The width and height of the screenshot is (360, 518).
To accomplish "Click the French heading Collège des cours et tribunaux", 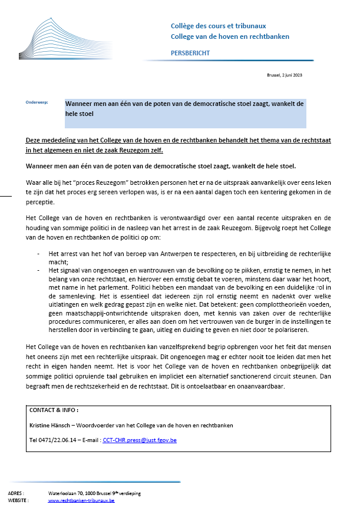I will pos(217,26).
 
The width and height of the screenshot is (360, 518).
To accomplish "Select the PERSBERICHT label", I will pos(189,53).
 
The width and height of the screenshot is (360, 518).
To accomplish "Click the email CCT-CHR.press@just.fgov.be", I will pos(140,440).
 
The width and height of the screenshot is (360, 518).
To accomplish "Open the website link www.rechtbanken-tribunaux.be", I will pos(81,500).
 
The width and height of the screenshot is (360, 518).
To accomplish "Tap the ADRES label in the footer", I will pos(16,493).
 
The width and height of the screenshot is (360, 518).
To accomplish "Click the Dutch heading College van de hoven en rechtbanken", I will pos(229,36).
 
